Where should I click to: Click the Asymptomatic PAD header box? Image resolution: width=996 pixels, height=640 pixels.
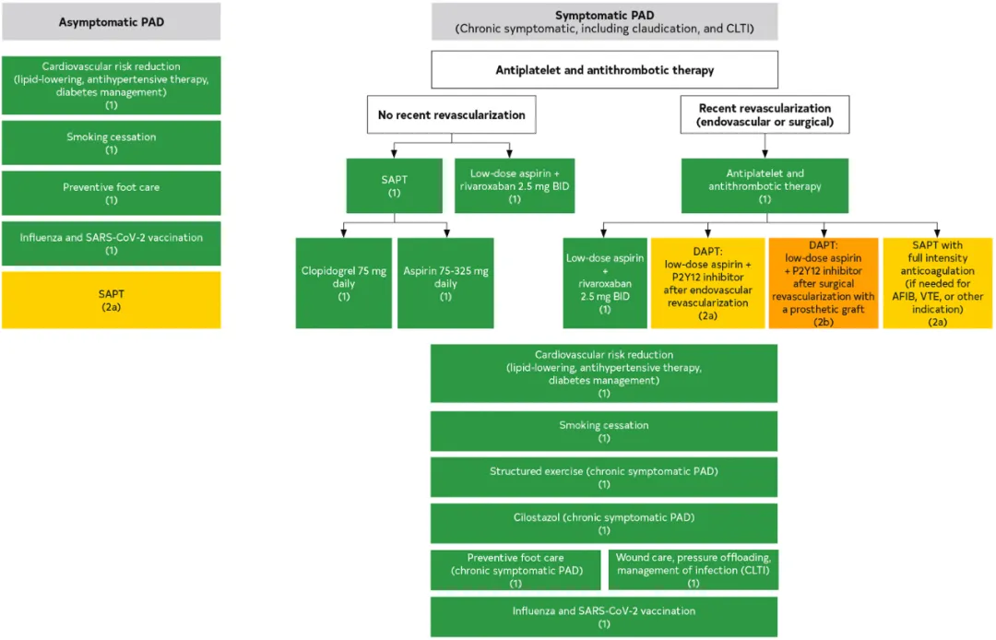click(112, 21)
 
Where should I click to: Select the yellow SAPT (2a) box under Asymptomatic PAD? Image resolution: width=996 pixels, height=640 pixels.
click(112, 301)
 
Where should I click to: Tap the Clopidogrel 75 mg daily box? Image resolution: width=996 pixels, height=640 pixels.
click(344, 283)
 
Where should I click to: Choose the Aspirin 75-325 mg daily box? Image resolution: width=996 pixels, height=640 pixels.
click(446, 283)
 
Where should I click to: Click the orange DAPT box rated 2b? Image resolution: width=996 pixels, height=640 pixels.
click(824, 283)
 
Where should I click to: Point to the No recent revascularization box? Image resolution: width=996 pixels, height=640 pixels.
click(452, 115)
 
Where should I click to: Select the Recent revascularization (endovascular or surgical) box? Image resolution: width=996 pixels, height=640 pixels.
click(765, 115)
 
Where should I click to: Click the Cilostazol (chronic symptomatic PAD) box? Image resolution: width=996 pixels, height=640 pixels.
click(604, 524)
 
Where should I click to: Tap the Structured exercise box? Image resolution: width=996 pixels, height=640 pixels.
click(604, 478)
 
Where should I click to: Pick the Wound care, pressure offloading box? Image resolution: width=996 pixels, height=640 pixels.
click(694, 570)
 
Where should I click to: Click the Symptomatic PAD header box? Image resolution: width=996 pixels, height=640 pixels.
click(605, 21)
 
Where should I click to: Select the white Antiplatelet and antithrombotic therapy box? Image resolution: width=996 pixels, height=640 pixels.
click(605, 70)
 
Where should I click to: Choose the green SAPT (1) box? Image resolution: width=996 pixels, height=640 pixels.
click(395, 186)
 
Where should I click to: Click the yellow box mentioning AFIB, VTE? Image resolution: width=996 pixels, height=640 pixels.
click(938, 283)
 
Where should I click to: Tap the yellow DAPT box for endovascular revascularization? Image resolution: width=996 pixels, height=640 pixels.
click(707, 283)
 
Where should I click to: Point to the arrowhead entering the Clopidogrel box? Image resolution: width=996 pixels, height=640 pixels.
click(344, 234)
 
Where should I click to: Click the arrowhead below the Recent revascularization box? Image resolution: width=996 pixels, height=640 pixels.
click(765, 154)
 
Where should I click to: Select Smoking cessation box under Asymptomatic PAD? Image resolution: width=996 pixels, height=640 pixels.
click(112, 143)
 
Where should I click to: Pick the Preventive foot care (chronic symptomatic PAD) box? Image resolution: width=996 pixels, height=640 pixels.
click(516, 570)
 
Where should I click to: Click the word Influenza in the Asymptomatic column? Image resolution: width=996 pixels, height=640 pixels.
click(41, 237)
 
